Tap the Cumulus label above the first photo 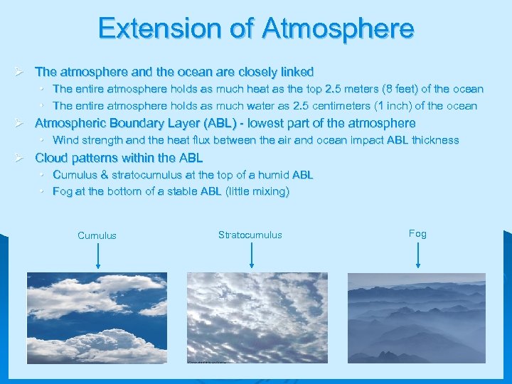97,235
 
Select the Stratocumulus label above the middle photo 250,235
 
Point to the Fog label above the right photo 417,233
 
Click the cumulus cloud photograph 97,318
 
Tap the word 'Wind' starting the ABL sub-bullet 65,140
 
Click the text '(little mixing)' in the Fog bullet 257,191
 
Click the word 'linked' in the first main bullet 297,72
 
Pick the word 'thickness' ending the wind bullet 435,140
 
